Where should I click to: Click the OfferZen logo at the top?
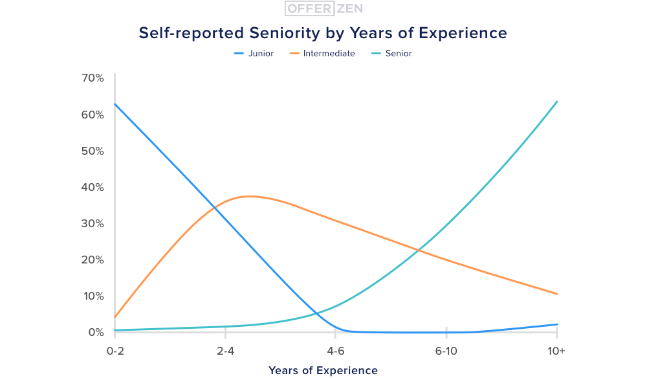pyautogui.click(x=323, y=8)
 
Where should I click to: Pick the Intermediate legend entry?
pyautogui.click(x=329, y=54)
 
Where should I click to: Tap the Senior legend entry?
pyautogui.click(x=398, y=54)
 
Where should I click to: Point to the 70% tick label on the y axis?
pyautogui.click(x=93, y=78)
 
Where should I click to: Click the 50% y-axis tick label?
pyautogui.click(x=93, y=151)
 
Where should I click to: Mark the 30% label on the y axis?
pyautogui.click(x=93, y=223)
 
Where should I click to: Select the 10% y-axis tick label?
pyautogui.click(x=93, y=296)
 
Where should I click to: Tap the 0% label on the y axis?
pyautogui.click(x=96, y=332)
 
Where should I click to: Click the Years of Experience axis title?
pyautogui.click(x=323, y=371)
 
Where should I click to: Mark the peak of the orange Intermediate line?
pyautogui.click(x=249, y=196)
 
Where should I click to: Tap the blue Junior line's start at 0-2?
pyautogui.click(x=115, y=104)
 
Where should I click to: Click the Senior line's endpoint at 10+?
pyautogui.click(x=557, y=102)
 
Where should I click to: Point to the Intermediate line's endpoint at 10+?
pyautogui.click(x=557, y=294)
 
